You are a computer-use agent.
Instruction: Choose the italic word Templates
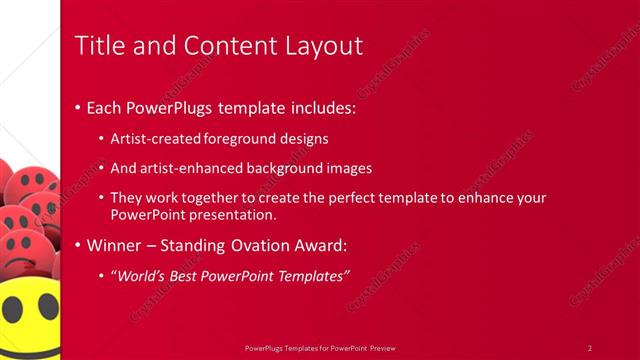(x=308, y=275)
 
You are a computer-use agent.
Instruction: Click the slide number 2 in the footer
(x=589, y=347)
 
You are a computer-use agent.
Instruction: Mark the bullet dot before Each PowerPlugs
(x=78, y=108)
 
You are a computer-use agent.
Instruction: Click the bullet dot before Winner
(x=78, y=245)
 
